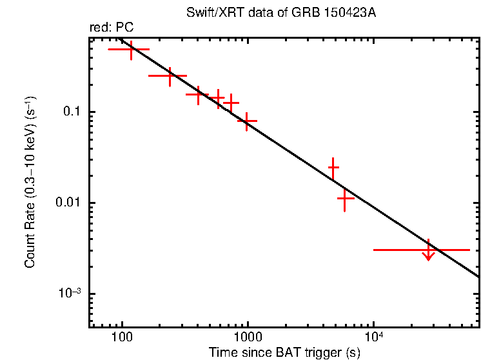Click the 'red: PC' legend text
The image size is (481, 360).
coord(112,27)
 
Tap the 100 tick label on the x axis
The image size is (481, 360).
coord(121,338)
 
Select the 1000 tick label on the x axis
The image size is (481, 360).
coord(247,338)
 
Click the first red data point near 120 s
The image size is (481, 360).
coord(131,49)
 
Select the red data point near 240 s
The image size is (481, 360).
coord(170,76)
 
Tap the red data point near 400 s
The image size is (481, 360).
coord(198,94)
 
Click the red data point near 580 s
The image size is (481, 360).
coord(219,97)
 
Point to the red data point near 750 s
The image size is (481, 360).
coord(231,103)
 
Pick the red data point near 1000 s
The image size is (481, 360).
coord(247,121)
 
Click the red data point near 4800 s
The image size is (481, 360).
coord(333,168)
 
